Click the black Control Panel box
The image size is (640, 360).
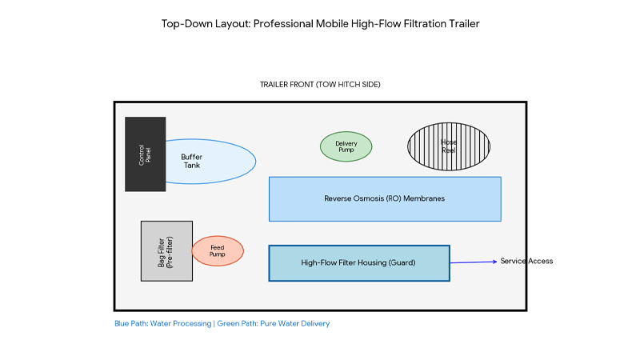(x=145, y=154)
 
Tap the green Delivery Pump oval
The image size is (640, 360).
(x=346, y=147)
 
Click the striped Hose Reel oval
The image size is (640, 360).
(x=448, y=146)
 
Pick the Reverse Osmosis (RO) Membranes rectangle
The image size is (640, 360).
(x=385, y=199)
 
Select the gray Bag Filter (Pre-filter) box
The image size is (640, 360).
(x=166, y=251)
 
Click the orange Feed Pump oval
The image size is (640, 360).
(x=217, y=251)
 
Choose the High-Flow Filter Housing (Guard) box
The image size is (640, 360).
(x=358, y=263)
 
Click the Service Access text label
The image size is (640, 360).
(x=526, y=262)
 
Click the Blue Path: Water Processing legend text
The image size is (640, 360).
(x=164, y=324)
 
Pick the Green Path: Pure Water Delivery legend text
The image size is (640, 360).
(x=275, y=324)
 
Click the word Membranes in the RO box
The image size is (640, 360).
(x=423, y=199)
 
